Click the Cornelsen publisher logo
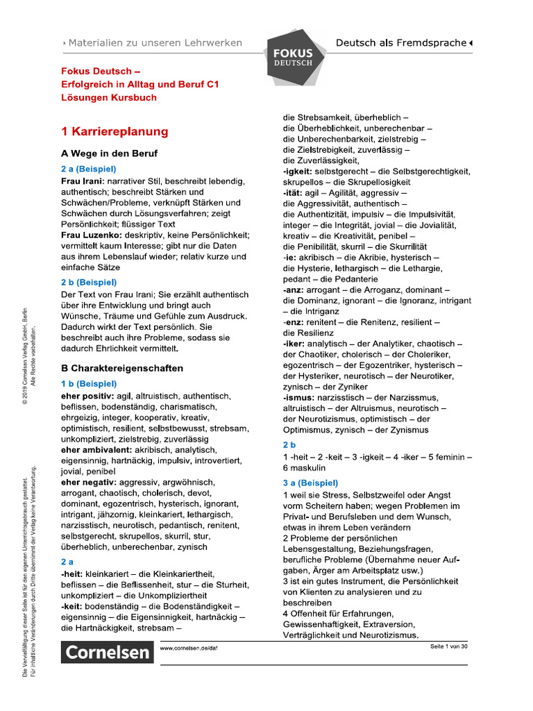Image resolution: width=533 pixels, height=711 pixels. pos(108,652)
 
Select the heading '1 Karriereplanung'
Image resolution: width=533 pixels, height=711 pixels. pos(115,131)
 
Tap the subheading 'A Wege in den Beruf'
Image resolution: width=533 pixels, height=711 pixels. pos(109,153)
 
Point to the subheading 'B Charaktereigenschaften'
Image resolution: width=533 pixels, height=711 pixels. pos(122,368)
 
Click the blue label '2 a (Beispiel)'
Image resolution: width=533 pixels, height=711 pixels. pos(89,169)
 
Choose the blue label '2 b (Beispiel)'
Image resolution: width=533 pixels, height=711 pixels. pos(89,283)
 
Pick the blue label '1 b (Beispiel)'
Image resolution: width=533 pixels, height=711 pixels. pos(89,383)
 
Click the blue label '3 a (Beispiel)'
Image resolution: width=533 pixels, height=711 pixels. pos(310,483)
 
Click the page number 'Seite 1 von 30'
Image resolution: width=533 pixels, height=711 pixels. pos(449,647)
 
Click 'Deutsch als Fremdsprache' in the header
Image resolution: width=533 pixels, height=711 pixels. pos(401,43)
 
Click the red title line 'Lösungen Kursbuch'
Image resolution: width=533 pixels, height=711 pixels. pos(109,97)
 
